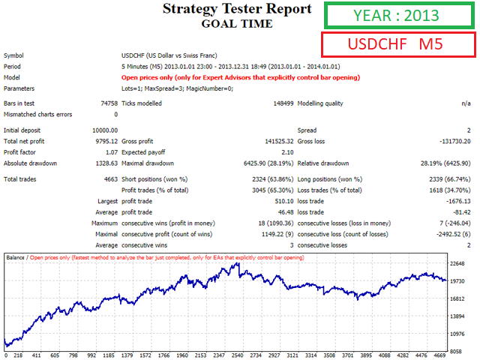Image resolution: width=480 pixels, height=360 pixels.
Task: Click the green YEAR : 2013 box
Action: (399, 16)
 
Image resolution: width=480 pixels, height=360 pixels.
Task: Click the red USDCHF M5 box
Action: (399, 44)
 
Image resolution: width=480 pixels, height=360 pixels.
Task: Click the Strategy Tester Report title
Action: (237, 9)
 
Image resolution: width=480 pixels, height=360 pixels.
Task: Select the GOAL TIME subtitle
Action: (237, 23)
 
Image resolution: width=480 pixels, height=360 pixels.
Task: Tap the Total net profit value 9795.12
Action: (103, 141)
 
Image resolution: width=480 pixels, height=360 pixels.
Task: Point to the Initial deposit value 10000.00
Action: (101, 130)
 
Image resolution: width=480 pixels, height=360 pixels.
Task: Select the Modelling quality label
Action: (322, 103)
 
